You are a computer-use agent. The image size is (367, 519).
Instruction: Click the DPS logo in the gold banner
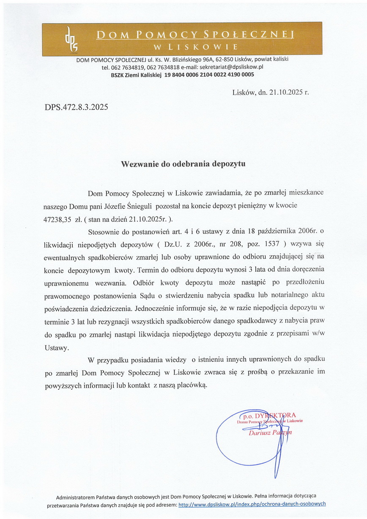click(70, 39)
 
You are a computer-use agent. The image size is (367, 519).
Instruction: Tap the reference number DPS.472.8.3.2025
click(77, 107)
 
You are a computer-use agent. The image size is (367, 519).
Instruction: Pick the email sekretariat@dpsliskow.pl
click(227, 67)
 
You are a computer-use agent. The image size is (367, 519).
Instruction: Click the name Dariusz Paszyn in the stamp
click(270, 433)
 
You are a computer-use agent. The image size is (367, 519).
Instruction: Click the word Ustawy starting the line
click(56, 348)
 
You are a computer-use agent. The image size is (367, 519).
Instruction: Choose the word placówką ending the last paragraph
click(192, 385)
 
